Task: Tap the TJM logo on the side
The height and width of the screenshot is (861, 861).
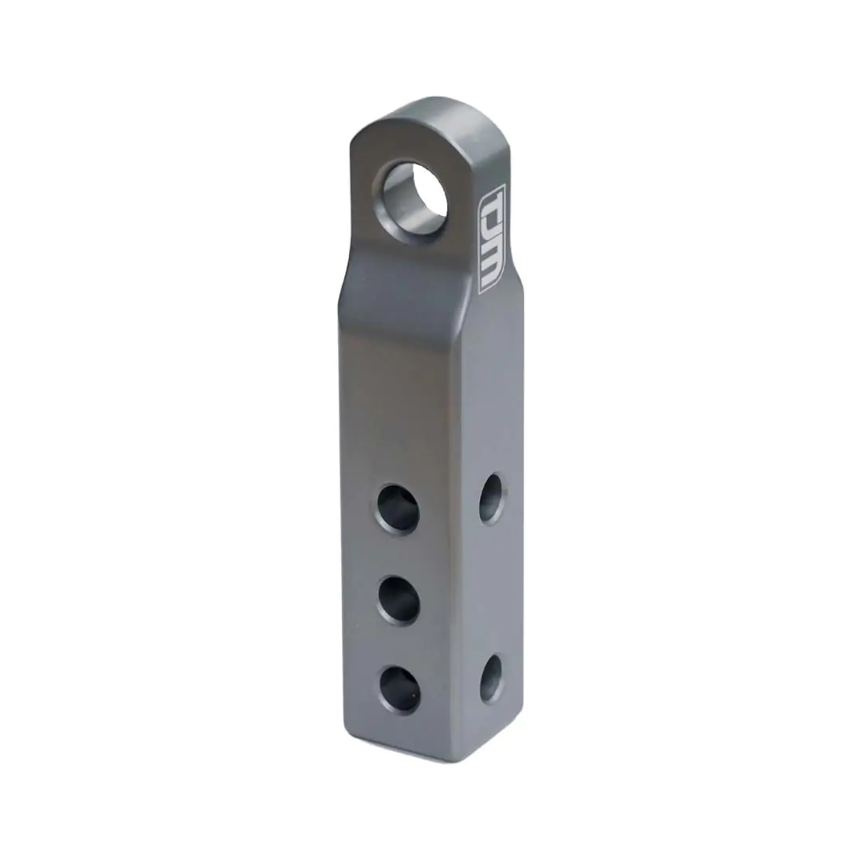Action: (x=490, y=238)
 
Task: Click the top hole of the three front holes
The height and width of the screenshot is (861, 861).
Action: (x=398, y=508)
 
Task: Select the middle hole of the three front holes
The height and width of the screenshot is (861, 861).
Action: (x=399, y=600)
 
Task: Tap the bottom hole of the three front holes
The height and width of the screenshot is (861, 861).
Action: (x=399, y=689)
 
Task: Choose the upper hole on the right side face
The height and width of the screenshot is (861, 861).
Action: (x=491, y=498)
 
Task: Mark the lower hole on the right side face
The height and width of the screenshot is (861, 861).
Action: (x=491, y=678)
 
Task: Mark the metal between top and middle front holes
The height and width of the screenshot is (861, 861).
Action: (x=399, y=554)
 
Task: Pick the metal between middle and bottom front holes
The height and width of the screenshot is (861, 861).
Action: (x=399, y=644)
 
